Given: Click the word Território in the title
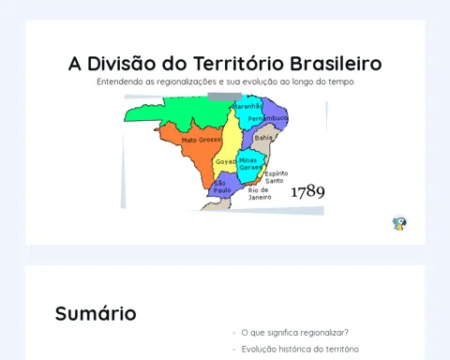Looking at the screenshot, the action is click(x=239, y=64).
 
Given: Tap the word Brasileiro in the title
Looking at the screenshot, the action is click(x=336, y=64).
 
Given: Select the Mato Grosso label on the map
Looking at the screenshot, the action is click(x=202, y=140).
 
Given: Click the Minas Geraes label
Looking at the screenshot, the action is click(x=250, y=164).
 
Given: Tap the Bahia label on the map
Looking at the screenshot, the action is click(x=263, y=138).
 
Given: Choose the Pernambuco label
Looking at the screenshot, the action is click(x=267, y=118).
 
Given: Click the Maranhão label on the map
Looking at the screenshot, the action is click(x=248, y=106).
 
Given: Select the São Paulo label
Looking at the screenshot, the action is click(x=222, y=187).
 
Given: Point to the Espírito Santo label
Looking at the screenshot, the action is click(x=277, y=177).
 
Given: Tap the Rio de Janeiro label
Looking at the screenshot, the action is click(x=260, y=194).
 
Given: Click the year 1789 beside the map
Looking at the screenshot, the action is click(x=307, y=191).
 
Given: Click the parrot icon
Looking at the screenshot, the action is click(x=399, y=223).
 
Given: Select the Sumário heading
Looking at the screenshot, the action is click(x=96, y=313).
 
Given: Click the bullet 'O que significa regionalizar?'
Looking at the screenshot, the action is click(x=294, y=333).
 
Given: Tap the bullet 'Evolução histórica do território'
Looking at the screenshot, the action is click(x=300, y=349).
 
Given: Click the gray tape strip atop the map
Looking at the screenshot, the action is click(x=225, y=97).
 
